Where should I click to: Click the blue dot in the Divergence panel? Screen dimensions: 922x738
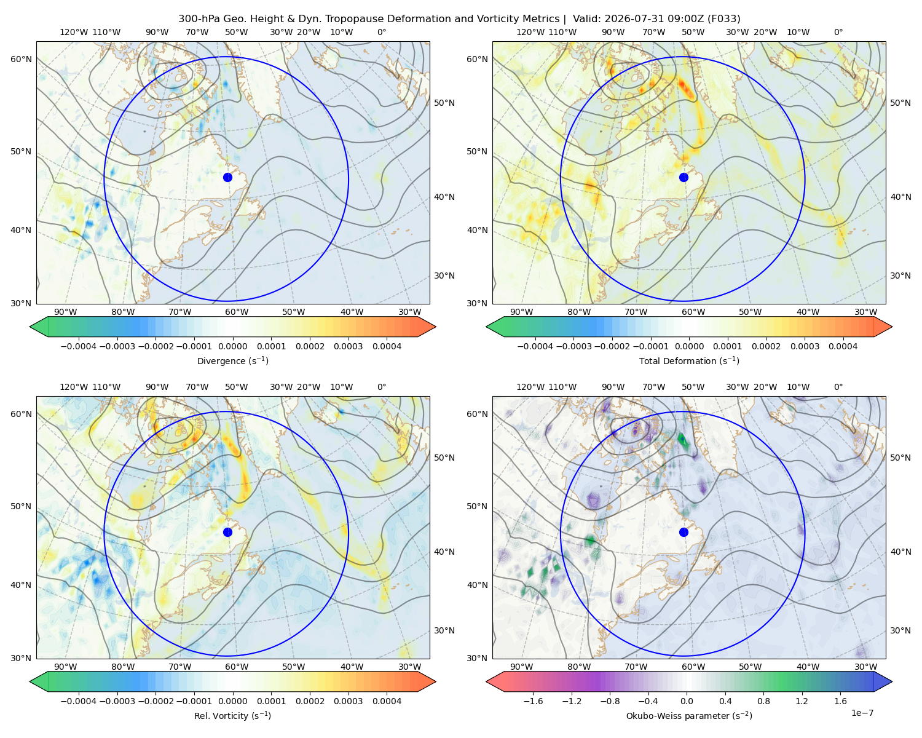tap(227, 177)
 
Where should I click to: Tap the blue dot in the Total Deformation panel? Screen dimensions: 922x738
tap(684, 177)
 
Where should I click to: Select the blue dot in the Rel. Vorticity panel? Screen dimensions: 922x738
tap(227, 532)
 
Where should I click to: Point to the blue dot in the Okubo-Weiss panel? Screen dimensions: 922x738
tap(684, 532)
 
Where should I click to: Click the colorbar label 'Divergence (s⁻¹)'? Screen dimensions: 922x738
tap(232, 360)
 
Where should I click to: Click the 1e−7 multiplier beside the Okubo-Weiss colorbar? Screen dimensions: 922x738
tap(862, 713)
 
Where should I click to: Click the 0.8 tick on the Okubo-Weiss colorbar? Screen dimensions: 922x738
tap(763, 700)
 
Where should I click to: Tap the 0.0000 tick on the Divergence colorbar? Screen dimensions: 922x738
tap(232, 346)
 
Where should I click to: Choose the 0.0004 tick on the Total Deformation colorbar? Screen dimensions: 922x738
tap(843, 346)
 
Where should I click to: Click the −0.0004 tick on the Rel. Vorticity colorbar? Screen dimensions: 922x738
tap(79, 700)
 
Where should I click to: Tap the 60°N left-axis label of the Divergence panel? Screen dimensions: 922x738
tap(21, 59)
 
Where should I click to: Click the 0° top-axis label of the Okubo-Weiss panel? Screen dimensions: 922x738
tap(838, 387)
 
